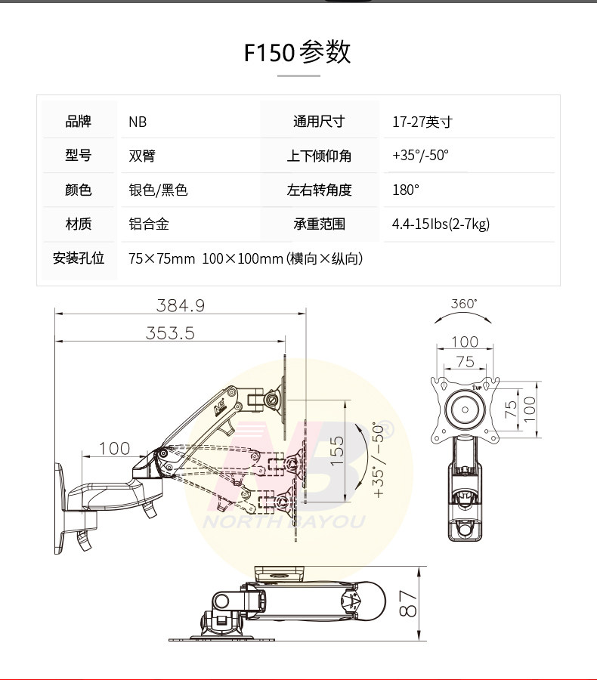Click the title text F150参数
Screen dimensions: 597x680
point(298,53)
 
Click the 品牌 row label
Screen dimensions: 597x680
point(79,122)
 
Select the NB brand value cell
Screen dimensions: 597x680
point(138,122)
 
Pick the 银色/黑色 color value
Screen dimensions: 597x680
point(158,190)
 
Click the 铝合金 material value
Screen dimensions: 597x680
point(149,224)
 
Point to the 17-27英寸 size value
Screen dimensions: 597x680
point(422,122)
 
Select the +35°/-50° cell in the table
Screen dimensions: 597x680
point(420,156)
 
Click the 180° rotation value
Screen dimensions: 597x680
point(406,190)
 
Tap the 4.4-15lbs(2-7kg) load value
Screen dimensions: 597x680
point(441,224)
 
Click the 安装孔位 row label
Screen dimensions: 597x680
point(79,258)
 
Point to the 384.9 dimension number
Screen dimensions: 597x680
point(181,306)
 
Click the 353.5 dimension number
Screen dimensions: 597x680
point(170,333)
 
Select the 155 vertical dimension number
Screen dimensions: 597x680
point(337,452)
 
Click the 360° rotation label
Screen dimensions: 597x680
point(464,304)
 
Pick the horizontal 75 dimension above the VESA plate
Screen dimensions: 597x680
point(465,362)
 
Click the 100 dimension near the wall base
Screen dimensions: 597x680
point(114,449)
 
